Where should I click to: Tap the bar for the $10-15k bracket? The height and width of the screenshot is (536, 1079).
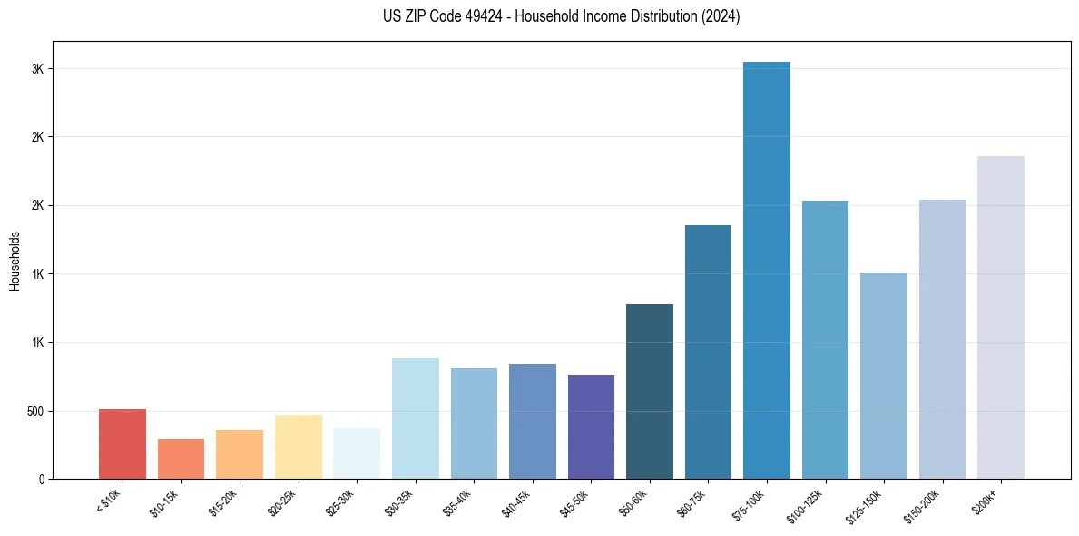coord(181,459)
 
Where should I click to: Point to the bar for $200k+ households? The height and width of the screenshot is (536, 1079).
coord(1001,317)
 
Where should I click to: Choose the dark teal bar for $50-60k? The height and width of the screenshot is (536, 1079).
coord(650,392)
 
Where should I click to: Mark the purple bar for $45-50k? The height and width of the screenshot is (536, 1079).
coord(591,427)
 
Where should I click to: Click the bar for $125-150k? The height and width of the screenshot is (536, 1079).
coord(884,375)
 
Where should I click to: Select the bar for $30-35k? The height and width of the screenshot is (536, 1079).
coord(416,418)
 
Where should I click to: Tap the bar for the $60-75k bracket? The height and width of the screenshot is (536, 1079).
coord(708,352)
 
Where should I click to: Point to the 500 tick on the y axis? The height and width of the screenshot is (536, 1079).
coord(34,411)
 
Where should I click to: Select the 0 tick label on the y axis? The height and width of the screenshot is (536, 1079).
coord(40,479)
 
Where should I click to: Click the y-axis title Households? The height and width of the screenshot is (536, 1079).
coord(15,261)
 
